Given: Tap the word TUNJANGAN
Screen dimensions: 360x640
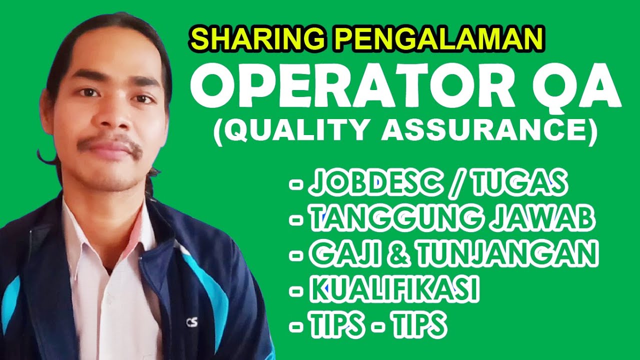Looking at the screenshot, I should tap(507, 254).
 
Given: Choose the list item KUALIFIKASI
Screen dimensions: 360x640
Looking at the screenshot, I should tap(394, 289).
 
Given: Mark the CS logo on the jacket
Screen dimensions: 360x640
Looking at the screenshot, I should tap(191, 322).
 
